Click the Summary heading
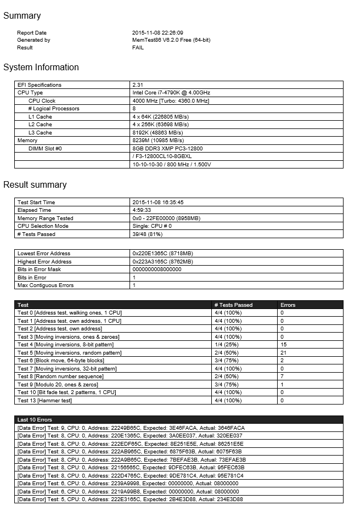tap(22, 16)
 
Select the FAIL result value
tap(138, 48)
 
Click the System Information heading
tap(41, 68)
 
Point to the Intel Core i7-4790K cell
tap(171, 93)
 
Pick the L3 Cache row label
tap(40, 133)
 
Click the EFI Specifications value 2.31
tap(138, 85)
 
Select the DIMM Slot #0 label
tap(45, 149)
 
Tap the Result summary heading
tap(35, 185)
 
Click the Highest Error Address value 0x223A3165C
tap(162, 262)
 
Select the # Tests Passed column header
tap(233, 305)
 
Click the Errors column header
tap(288, 305)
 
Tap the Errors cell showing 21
tap(283, 353)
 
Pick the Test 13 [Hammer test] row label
tap(44, 401)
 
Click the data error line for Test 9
tap(131, 428)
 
